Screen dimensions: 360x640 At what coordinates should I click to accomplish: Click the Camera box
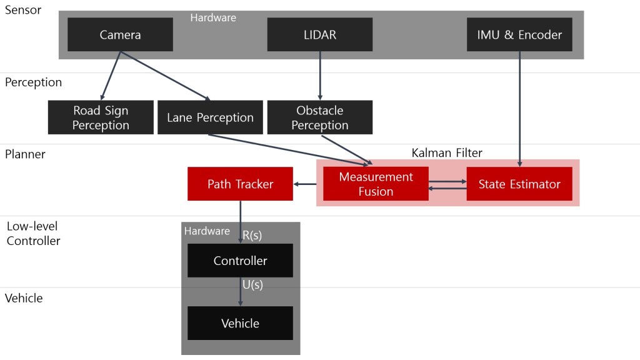pyautogui.click(x=120, y=34)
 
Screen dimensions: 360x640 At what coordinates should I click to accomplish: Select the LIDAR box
pyautogui.click(x=319, y=34)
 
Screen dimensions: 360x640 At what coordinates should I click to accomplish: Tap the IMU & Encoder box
pyautogui.click(x=519, y=34)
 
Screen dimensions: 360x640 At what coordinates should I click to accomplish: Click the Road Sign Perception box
pyautogui.click(x=101, y=117)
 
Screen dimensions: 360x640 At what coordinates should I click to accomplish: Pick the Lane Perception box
pyautogui.click(x=210, y=117)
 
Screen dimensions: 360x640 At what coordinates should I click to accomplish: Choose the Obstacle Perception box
pyautogui.click(x=319, y=117)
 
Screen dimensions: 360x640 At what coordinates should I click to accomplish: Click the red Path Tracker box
pyautogui.click(x=240, y=184)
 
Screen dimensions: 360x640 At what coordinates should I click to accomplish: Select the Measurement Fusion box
pyautogui.click(x=376, y=184)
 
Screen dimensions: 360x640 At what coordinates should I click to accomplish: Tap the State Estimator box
pyautogui.click(x=519, y=184)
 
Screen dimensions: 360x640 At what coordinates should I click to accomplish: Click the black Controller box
pyautogui.click(x=240, y=261)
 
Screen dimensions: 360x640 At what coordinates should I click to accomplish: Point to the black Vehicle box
pyautogui.click(x=240, y=323)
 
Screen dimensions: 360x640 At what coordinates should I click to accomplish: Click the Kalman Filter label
pyautogui.click(x=447, y=152)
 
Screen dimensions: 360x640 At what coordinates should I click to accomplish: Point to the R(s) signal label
pyautogui.click(x=252, y=235)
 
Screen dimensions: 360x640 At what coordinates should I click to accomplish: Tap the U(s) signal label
pyautogui.click(x=252, y=284)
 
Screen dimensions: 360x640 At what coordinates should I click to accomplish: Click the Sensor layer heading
pyautogui.click(x=24, y=11)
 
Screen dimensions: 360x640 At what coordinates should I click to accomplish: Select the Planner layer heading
pyautogui.click(x=25, y=154)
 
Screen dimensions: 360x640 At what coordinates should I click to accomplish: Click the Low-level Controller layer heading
pyautogui.click(x=33, y=233)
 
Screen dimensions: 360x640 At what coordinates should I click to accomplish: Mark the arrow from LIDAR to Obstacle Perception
pyautogui.click(x=320, y=76)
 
